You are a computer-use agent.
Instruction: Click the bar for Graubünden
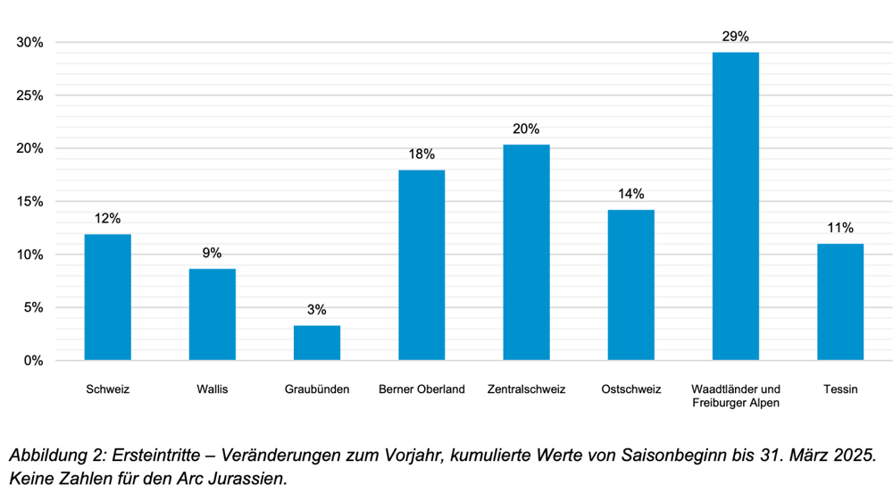(317, 343)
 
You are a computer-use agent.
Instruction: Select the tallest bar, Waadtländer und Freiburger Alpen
(736, 206)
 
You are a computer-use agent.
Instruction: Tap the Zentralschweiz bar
(527, 253)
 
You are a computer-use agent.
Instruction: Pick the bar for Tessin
(840, 302)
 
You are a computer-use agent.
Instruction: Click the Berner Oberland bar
(421, 265)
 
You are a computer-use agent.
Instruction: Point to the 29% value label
(736, 37)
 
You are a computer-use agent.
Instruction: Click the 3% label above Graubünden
(317, 310)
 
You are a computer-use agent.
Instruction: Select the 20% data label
(526, 129)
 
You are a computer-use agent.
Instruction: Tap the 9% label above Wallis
(213, 253)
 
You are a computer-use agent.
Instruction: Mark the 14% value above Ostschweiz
(630, 194)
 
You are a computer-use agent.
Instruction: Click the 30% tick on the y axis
(29, 43)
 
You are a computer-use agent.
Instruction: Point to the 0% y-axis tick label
(33, 361)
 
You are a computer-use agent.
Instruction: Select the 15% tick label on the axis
(29, 202)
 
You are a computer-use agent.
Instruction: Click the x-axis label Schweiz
(108, 389)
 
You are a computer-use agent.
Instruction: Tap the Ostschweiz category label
(630, 389)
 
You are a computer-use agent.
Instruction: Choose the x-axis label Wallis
(213, 389)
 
